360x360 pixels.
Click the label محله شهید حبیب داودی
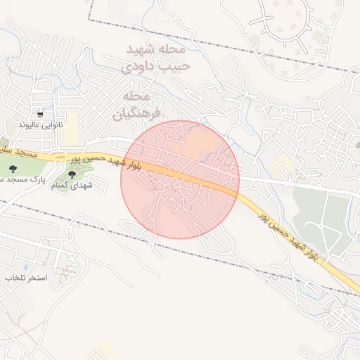[x=155, y=59]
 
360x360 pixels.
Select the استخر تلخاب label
[x=26, y=278]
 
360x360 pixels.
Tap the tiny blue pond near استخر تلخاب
[x=26, y=268]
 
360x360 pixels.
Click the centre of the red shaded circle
[x=180, y=180]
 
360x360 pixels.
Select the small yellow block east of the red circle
[x=283, y=166]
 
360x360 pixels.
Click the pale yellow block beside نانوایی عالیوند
[x=72, y=120]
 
